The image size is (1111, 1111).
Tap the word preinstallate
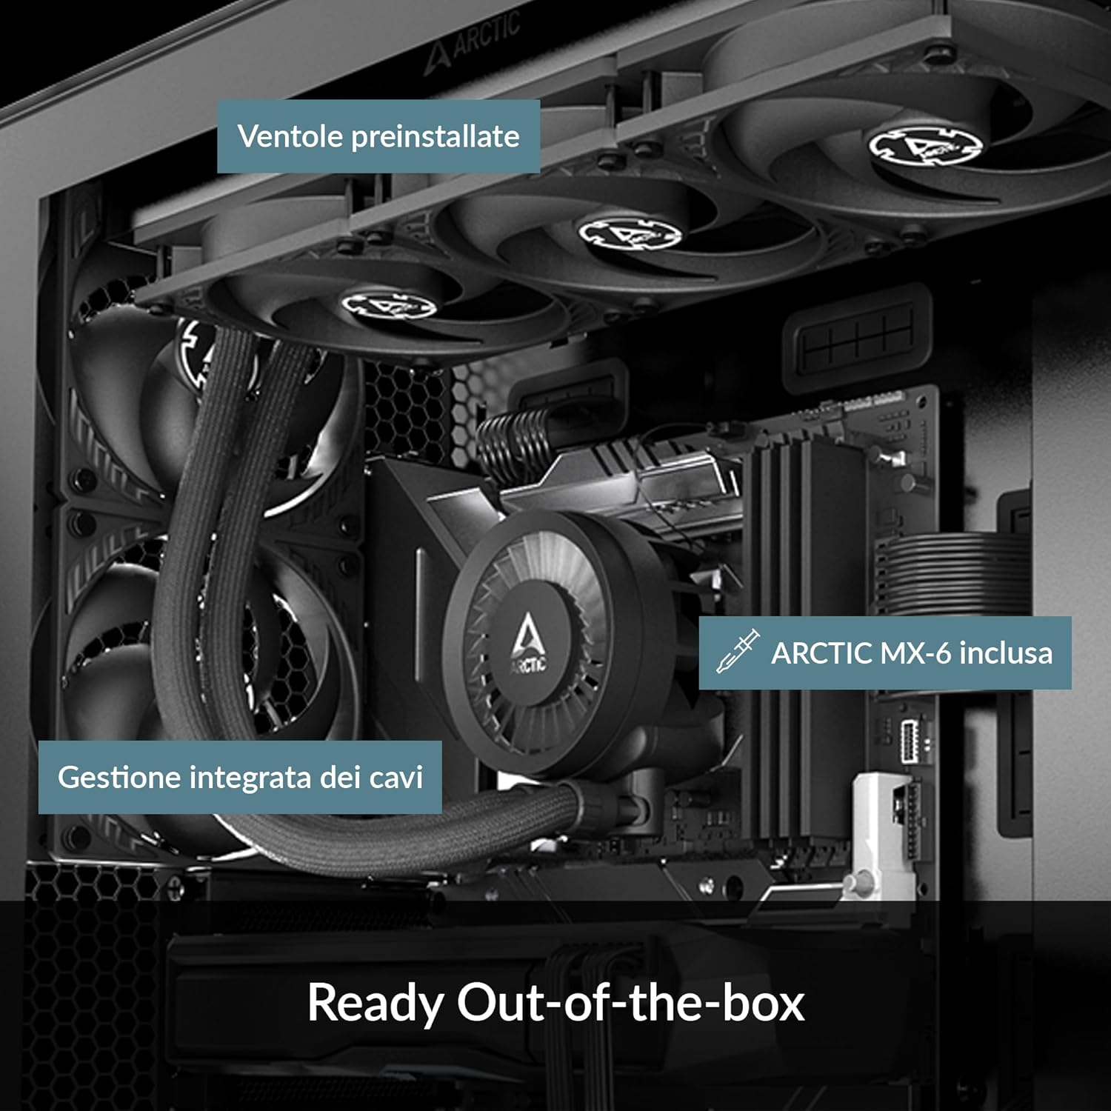click(435, 136)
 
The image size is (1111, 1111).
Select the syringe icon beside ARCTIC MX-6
click(738, 651)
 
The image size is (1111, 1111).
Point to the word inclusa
click(1005, 653)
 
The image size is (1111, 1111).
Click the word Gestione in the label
click(119, 777)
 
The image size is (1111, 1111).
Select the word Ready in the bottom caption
click(374, 1003)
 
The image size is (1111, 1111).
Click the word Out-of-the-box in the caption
click(630, 1003)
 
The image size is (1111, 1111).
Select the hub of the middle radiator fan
click(629, 231)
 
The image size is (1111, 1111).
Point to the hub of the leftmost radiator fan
click(388, 304)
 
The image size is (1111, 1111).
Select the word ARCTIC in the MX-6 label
click(821, 653)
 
